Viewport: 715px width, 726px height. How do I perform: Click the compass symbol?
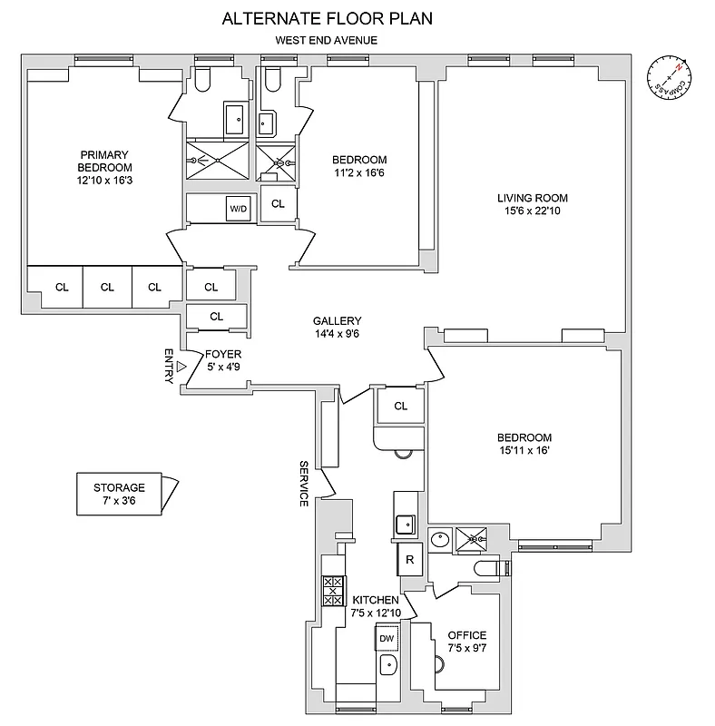(x=671, y=77)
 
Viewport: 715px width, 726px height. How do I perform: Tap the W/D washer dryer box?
(x=238, y=209)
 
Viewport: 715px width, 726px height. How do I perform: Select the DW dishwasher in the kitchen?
(x=387, y=639)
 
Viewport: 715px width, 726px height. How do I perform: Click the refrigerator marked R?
(x=410, y=559)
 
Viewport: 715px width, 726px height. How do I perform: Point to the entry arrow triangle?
(x=181, y=366)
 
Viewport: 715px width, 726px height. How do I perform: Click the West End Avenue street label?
(x=328, y=40)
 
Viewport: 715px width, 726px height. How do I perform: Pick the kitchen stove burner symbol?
(x=333, y=592)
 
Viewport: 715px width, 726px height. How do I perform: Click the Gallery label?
(x=338, y=321)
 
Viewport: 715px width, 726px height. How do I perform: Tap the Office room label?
(x=467, y=635)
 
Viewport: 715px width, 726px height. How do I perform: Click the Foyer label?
(x=222, y=354)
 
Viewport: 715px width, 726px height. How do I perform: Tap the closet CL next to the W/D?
(x=279, y=204)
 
